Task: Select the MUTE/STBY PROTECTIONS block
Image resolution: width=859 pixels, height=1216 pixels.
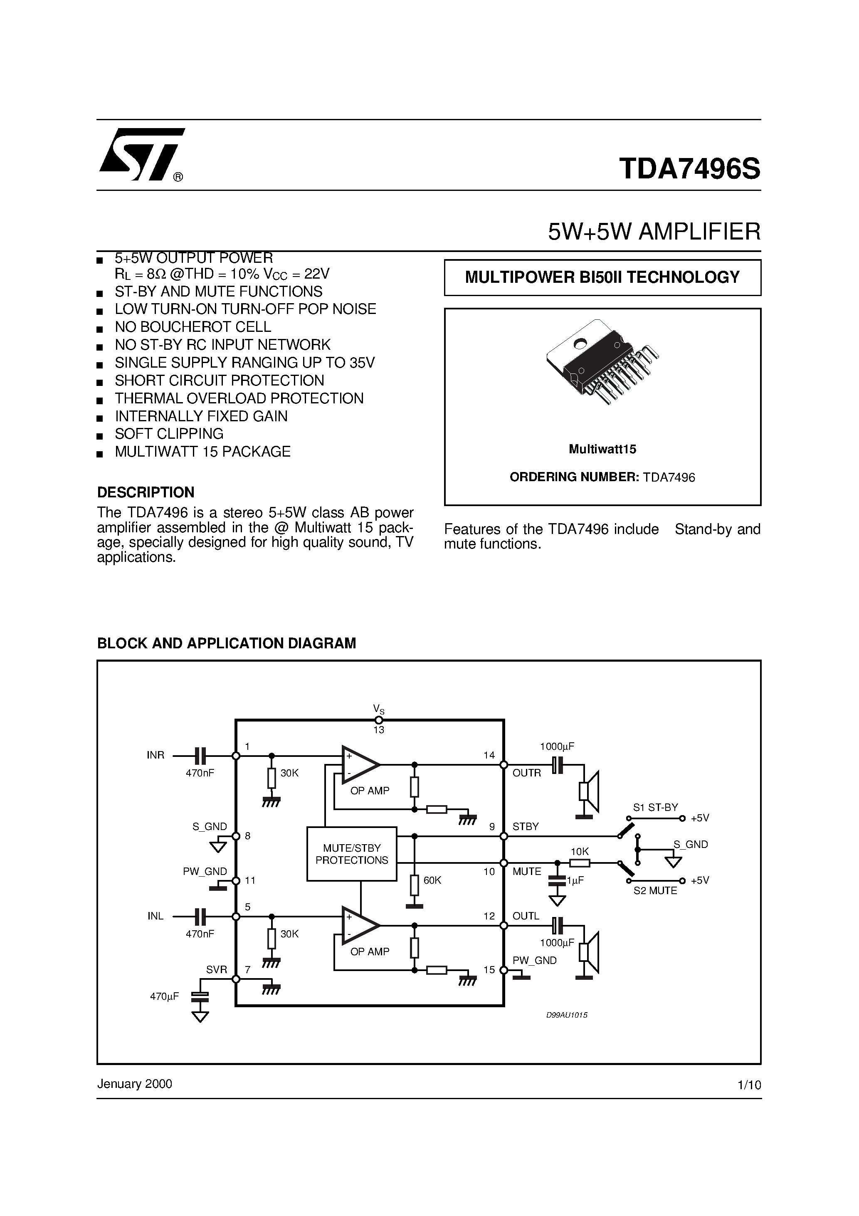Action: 352,854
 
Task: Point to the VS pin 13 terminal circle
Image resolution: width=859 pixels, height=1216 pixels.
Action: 379,720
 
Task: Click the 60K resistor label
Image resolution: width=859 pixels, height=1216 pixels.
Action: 432,880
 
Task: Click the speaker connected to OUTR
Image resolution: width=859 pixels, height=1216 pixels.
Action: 589,792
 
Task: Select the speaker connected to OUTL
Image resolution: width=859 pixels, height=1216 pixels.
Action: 589,952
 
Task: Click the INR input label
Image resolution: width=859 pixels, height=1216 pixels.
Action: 155,755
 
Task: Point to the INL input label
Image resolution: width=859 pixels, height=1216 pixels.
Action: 155,916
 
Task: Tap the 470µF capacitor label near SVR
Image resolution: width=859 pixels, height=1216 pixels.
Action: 164,996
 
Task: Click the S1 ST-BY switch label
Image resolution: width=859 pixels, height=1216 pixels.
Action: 655,808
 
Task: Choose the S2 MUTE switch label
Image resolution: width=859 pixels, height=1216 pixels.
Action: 655,891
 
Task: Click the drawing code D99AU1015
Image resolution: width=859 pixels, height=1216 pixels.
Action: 567,1015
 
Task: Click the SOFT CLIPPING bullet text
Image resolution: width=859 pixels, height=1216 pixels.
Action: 169,434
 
